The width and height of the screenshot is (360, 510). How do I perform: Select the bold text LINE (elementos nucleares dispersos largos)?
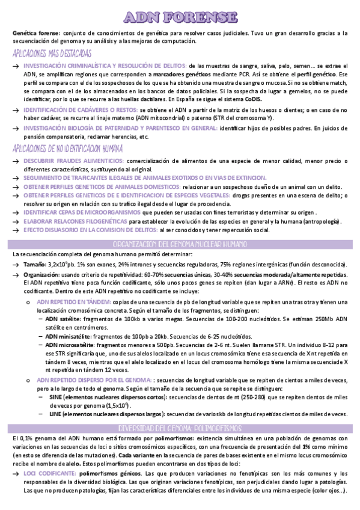(107, 414)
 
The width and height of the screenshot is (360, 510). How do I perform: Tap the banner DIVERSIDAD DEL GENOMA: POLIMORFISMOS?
(180, 427)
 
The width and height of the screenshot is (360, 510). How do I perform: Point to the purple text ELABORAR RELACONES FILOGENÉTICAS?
(76, 221)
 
